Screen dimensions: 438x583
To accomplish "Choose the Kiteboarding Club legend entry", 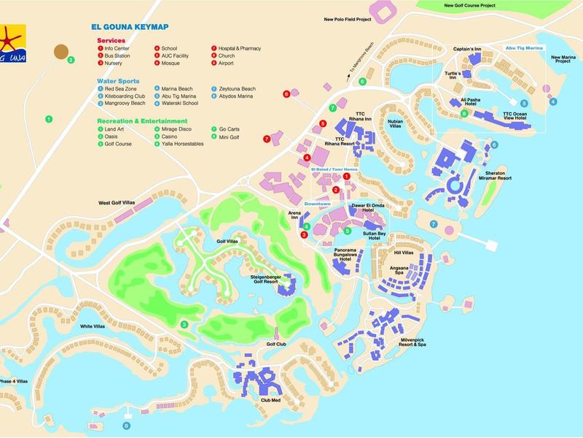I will point(125,96).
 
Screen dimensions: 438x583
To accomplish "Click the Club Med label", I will point(270,401).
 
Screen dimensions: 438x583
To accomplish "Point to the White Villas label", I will point(93,326).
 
